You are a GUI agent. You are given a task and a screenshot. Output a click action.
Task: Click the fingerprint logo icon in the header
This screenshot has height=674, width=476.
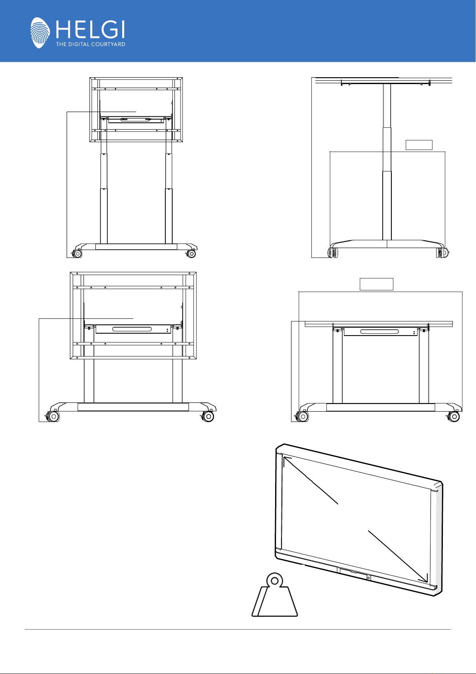click(x=40, y=32)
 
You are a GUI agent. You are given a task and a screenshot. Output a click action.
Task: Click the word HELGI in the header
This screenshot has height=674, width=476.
click(x=90, y=30)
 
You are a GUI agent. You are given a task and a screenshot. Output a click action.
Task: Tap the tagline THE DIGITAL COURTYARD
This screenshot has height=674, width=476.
click(x=90, y=44)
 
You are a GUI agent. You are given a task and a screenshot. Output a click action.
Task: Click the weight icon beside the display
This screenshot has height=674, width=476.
click(x=274, y=594)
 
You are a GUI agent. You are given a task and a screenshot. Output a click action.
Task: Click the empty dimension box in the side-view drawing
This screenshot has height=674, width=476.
click(x=419, y=145)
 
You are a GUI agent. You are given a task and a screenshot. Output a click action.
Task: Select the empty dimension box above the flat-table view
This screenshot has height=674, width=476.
click(x=376, y=284)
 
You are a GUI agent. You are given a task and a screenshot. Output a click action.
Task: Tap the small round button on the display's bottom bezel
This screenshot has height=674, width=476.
click(x=369, y=578)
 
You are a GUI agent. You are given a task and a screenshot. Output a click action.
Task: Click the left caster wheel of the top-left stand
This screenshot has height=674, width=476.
click(x=77, y=254)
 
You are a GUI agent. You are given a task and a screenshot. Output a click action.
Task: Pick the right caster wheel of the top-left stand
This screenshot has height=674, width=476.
click(x=191, y=254)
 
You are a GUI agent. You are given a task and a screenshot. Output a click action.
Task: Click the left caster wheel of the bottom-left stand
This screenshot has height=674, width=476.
click(x=54, y=416)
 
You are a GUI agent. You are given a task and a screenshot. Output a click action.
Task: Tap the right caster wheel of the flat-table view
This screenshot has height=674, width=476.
click(x=454, y=417)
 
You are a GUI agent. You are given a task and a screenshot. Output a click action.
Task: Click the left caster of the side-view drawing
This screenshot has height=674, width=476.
click(x=333, y=252)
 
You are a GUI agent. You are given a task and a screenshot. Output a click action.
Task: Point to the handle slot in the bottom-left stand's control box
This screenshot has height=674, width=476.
click(x=132, y=329)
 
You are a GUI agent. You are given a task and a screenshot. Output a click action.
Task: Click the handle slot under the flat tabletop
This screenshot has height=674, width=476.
click(x=379, y=332)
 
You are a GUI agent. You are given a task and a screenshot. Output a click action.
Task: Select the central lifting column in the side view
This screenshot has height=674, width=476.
click(x=387, y=162)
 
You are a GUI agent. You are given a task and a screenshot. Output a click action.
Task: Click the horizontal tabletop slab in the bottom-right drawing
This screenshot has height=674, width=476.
click(x=379, y=324)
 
